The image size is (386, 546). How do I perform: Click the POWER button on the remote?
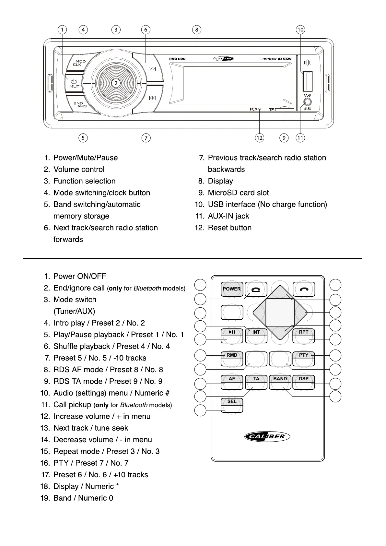click(232, 289)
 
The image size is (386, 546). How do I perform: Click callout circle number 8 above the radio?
click(197, 30)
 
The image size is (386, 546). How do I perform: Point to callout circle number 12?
click(259, 138)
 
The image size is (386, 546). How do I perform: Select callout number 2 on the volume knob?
click(116, 83)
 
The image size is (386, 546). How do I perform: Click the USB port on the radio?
click(307, 81)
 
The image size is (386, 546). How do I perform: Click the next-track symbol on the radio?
click(152, 69)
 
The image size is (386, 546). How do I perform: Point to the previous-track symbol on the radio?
click(152, 98)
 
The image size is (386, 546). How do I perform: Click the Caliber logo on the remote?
click(267, 436)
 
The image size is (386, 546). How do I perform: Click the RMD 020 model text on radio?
click(177, 59)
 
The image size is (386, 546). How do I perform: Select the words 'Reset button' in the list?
click(229, 228)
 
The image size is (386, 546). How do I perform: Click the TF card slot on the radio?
click(285, 110)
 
